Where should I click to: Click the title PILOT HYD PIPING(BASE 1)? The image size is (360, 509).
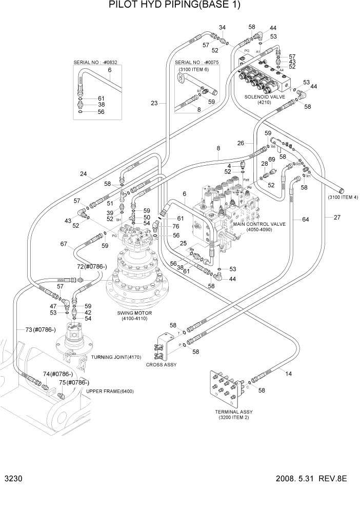click(x=175, y=6)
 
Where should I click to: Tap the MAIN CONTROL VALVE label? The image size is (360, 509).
click(x=260, y=224)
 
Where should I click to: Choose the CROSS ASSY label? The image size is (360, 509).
click(x=161, y=365)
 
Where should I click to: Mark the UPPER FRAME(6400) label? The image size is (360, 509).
click(x=110, y=391)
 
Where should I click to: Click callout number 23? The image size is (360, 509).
click(x=154, y=103)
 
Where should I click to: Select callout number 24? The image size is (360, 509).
click(x=83, y=173)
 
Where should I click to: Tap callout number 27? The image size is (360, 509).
click(x=337, y=218)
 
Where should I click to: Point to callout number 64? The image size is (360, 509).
click(x=305, y=220)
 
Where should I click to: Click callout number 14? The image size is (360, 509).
click(x=289, y=374)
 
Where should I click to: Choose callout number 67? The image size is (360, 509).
click(x=63, y=244)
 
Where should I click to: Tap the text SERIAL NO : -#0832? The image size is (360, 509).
click(x=95, y=62)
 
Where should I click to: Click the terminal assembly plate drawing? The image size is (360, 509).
click(x=226, y=386)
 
